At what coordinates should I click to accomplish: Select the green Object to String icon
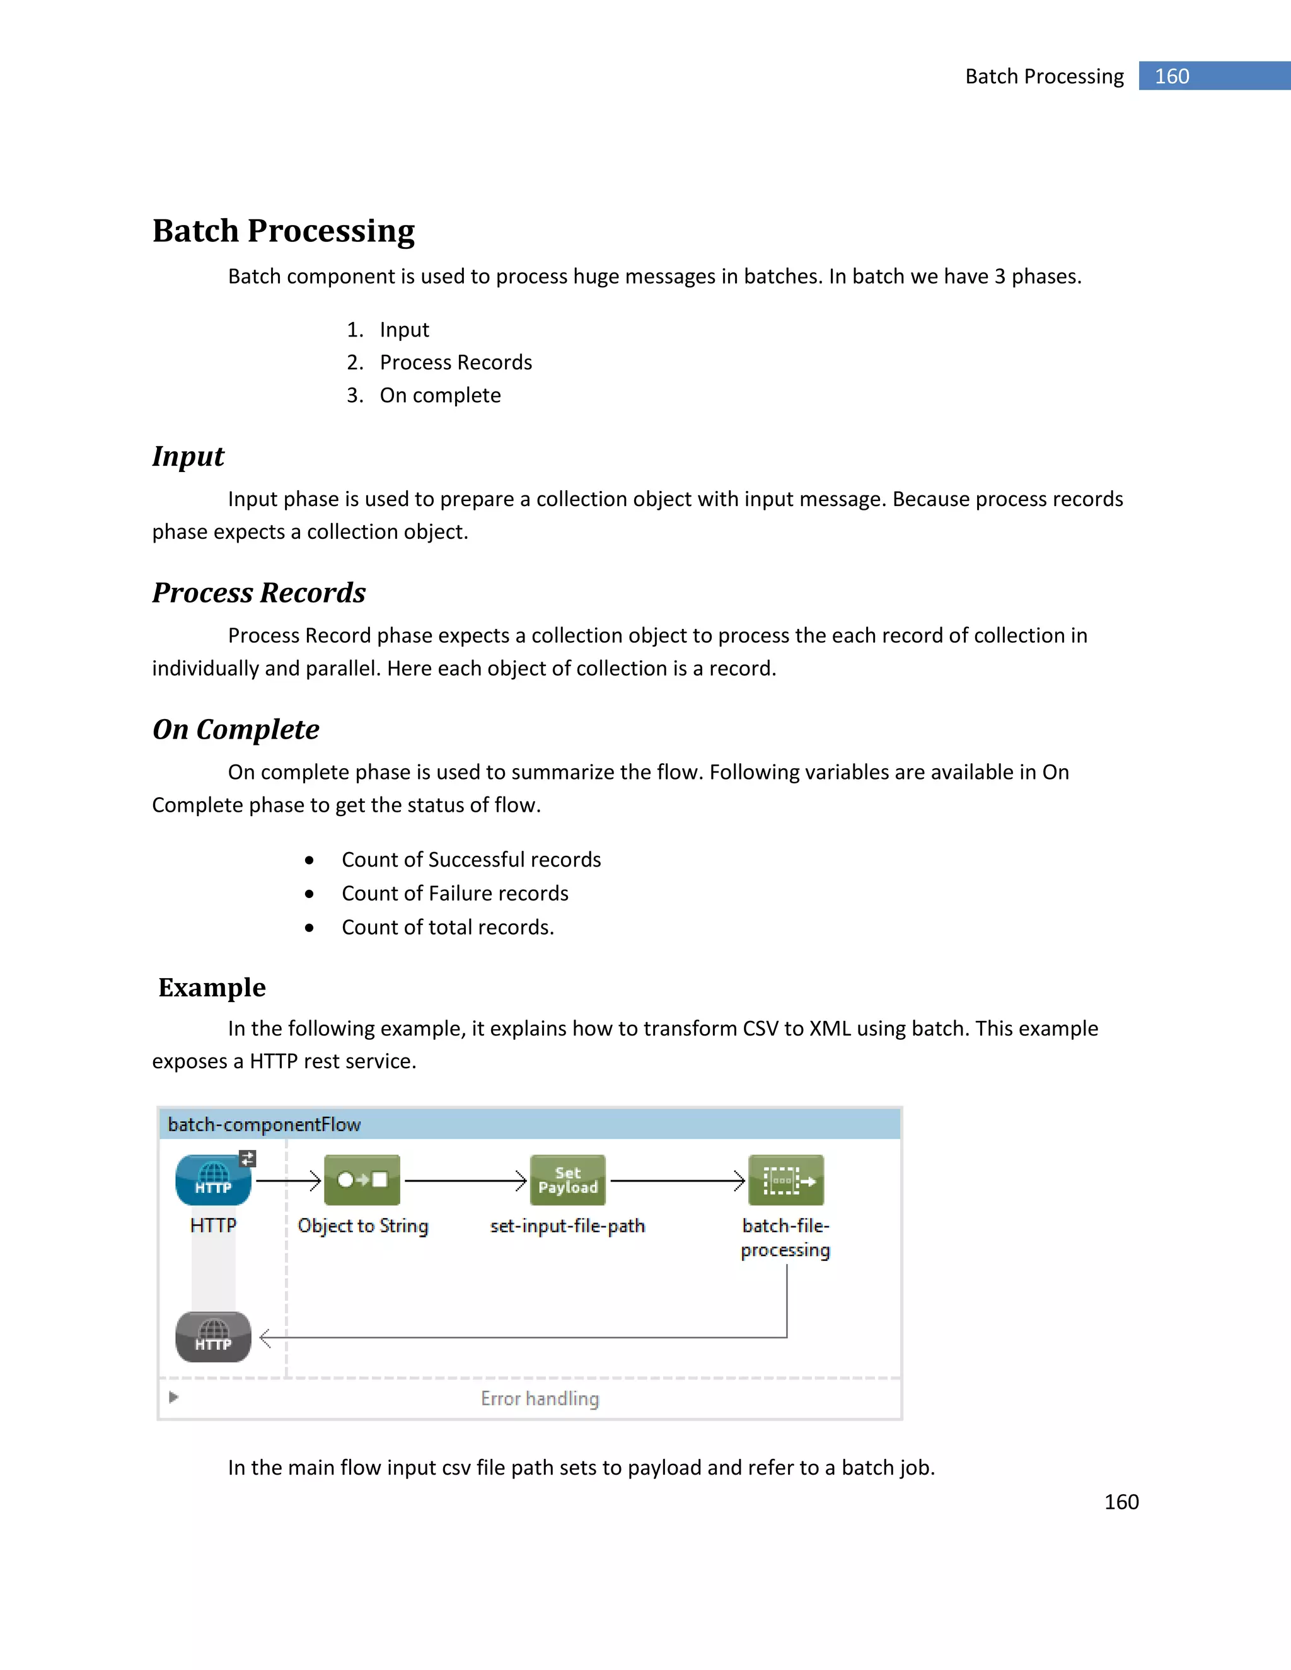click(362, 1180)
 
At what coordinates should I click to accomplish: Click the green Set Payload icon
click(567, 1180)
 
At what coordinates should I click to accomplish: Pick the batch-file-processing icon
click(785, 1180)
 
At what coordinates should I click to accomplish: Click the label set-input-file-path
click(567, 1226)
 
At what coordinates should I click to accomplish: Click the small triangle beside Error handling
click(173, 1397)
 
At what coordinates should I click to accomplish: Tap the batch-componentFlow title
click(264, 1124)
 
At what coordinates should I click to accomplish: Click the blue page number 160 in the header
click(1172, 76)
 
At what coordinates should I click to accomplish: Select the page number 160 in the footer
click(1121, 1502)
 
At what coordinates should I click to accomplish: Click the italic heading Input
click(188, 456)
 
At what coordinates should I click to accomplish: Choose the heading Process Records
click(258, 592)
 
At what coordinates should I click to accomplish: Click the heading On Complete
click(236, 730)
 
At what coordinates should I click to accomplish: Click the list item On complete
click(440, 395)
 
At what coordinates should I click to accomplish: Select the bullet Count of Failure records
click(454, 893)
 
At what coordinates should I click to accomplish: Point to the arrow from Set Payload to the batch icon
click(677, 1180)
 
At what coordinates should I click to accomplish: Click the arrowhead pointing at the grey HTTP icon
click(265, 1338)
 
